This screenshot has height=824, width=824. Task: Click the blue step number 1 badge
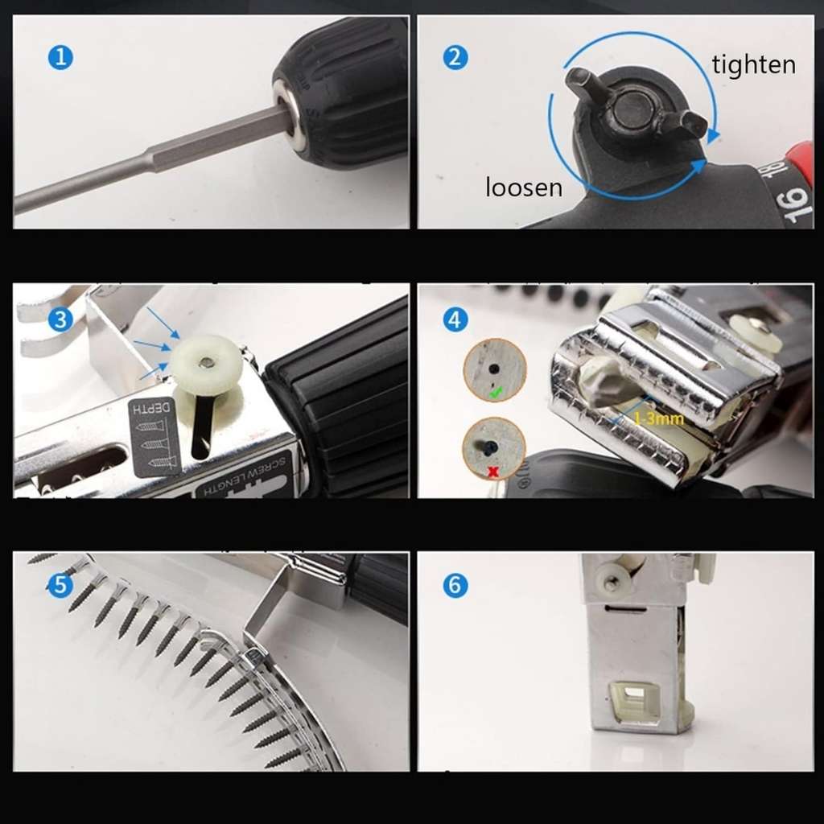60,58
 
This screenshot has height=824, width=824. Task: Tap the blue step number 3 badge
60,319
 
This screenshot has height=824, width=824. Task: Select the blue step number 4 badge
455,319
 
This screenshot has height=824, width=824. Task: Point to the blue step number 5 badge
60,586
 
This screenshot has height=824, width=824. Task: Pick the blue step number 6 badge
455,586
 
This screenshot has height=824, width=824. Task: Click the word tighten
753,64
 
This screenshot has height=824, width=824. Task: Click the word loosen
523,187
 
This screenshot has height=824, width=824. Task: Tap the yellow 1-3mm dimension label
657,419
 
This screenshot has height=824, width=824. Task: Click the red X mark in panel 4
492,472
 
